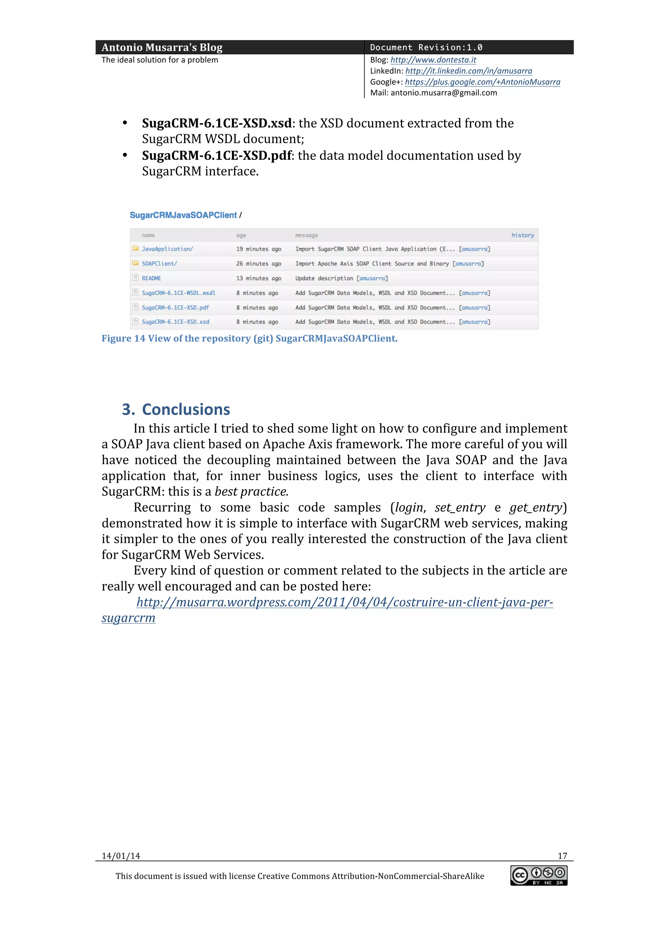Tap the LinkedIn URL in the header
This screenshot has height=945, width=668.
click(468, 71)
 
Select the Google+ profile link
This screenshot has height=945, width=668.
click(482, 82)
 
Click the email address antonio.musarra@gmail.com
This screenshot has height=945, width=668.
click(444, 93)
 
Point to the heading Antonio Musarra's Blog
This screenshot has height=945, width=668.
click(162, 47)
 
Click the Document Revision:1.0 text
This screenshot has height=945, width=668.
click(426, 47)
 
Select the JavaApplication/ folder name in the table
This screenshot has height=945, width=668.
click(167, 249)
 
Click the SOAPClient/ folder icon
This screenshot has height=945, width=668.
click(135, 263)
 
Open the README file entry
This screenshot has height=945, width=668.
click(151, 278)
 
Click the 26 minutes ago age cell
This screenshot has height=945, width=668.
click(258, 264)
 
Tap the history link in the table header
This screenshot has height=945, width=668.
click(522, 235)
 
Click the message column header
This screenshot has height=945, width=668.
click(306, 235)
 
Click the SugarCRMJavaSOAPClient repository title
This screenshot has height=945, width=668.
click(183, 215)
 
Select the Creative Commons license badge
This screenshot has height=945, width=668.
click(539, 875)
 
